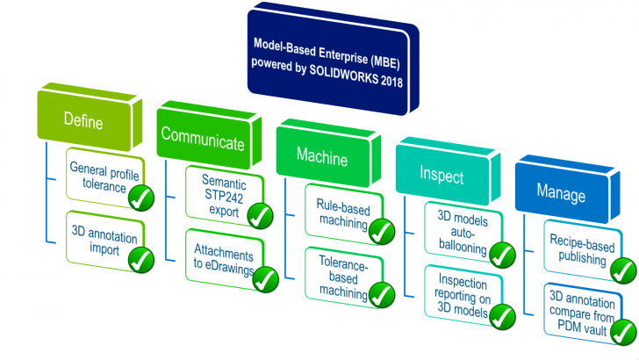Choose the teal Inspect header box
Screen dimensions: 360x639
[442, 176]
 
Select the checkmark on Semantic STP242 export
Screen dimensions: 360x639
[260, 215]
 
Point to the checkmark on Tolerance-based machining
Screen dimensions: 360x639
[381, 295]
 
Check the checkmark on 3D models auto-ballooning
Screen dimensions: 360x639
[501, 254]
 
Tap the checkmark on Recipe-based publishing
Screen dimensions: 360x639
[621, 270]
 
